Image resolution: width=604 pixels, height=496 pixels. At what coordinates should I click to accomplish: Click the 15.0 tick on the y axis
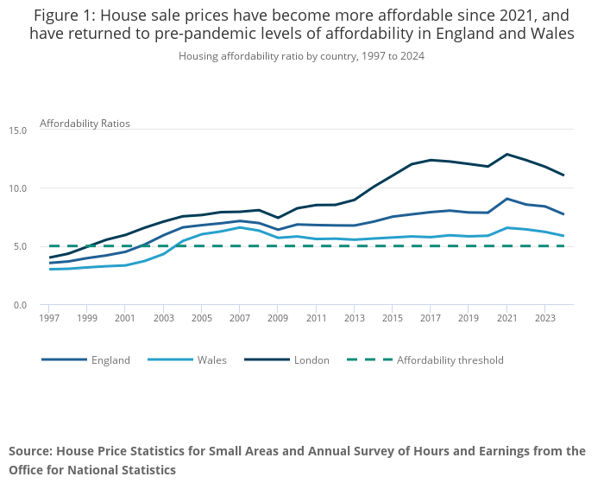click(x=19, y=130)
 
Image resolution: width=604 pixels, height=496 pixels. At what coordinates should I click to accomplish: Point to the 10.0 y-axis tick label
click(x=19, y=188)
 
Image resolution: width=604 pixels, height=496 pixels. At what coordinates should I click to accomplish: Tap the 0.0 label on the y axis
click(x=21, y=305)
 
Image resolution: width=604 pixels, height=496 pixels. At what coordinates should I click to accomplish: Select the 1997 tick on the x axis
click(x=49, y=318)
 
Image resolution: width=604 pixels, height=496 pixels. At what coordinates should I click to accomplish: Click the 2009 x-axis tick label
click(x=277, y=318)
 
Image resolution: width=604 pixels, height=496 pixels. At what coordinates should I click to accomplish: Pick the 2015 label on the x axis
click(x=392, y=318)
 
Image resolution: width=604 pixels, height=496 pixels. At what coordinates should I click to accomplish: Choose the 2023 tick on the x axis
click(x=544, y=318)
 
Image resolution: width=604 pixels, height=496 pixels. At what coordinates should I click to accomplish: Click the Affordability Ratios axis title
click(x=85, y=124)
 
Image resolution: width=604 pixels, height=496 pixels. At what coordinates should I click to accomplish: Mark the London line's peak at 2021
click(x=507, y=154)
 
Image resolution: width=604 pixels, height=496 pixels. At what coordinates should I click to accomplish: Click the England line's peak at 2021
click(x=507, y=199)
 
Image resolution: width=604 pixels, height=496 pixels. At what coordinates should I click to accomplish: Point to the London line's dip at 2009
click(x=278, y=218)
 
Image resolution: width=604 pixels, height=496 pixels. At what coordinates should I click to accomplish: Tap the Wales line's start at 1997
click(x=49, y=270)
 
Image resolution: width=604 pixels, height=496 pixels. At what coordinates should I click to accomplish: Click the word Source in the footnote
click(x=30, y=451)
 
